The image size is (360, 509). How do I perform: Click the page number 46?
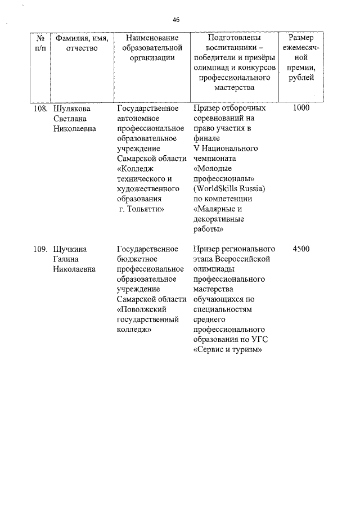pos(176,20)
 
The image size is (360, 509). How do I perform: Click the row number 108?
pos(40,108)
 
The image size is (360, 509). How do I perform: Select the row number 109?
pos(40,249)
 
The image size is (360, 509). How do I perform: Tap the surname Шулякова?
pos(71,108)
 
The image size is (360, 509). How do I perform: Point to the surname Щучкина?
pos(70,249)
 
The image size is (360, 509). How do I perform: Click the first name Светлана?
pos(70,118)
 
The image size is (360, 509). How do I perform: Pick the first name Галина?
pos(66,259)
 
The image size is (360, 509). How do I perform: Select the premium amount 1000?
pos(301,108)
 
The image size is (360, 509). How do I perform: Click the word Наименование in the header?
pos(151,38)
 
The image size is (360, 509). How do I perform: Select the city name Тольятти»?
pos(145,209)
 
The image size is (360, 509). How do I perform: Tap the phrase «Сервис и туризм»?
pos(228,350)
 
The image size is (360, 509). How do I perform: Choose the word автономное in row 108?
pos(139,118)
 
